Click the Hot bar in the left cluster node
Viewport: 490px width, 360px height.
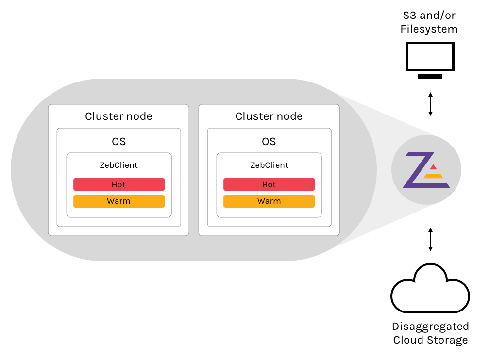click(x=119, y=184)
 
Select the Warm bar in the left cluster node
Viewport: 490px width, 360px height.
click(x=119, y=201)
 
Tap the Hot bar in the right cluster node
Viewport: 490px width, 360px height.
click(x=269, y=184)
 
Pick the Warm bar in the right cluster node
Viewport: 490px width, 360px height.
click(x=269, y=201)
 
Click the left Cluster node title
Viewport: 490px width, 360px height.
click(x=118, y=116)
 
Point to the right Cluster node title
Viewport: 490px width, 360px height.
click(x=269, y=116)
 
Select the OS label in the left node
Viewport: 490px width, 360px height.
click(x=118, y=141)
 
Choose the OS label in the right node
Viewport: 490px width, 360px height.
click(x=269, y=141)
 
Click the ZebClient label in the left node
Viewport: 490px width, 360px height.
click(x=119, y=165)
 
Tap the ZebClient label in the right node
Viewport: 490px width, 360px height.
click(x=269, y=165)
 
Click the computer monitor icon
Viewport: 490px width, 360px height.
click(x=430, y=57)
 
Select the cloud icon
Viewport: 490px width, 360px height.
click(x=430, y=290)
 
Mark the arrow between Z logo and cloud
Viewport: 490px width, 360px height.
click(x=430, y=239)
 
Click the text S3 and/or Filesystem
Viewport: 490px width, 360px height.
click(x=429, y=22)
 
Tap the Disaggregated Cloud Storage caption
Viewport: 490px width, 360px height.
click(x=430, y=333)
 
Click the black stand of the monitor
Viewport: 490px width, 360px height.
click(x=430, y=77)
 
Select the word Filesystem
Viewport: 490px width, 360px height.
click(x=429, y=29)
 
